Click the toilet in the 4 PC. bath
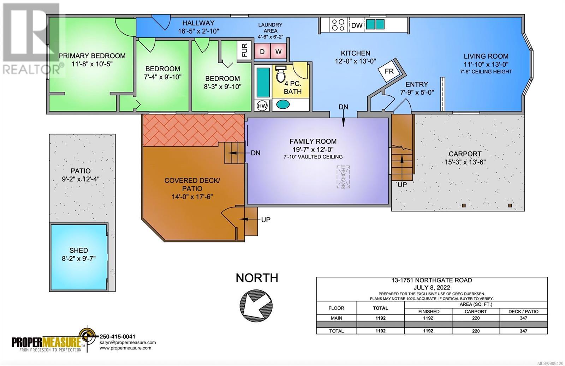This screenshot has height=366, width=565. (280, 74)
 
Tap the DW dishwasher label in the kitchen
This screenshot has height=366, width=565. (357, 25)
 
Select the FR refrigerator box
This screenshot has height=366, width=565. (389, 71)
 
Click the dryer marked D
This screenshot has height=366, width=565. (262, 52)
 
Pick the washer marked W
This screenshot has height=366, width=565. (278, 52)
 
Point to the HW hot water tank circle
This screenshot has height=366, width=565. (262, 106)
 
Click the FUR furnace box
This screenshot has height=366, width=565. (244, 50)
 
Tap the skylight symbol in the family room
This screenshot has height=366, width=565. (343, 177)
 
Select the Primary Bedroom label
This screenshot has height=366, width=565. (92, 56)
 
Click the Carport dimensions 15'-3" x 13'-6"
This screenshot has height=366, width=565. (465, 162)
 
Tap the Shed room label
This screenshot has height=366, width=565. (79, 250)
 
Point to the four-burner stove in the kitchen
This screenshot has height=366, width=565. (338, 25)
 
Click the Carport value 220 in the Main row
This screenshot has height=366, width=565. (476, 318)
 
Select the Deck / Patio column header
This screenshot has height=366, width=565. (523, 312)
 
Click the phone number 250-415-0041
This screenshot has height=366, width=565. (118, 336)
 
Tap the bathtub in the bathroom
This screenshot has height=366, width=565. (263, 82)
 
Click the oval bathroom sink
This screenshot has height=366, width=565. (283, 104)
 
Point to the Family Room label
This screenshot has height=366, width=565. (313, 142)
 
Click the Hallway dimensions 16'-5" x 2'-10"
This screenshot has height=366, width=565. (198, 31)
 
